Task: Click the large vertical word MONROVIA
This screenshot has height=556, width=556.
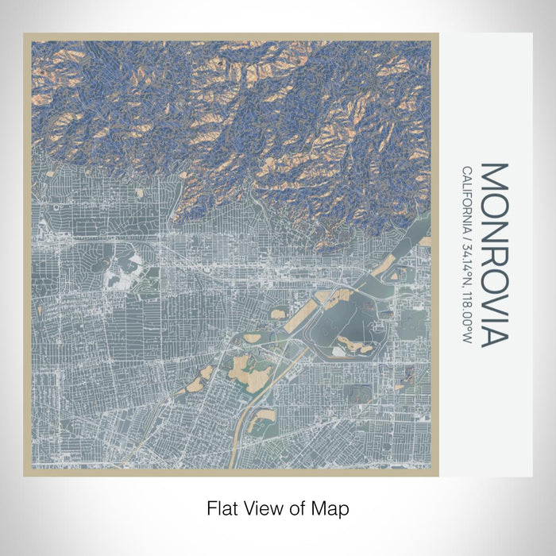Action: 493,254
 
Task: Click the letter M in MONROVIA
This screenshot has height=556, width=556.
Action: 493,176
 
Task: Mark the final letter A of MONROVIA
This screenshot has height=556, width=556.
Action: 493,336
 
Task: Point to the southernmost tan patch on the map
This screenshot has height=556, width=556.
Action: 259,424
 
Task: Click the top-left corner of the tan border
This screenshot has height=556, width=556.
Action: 25,34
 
